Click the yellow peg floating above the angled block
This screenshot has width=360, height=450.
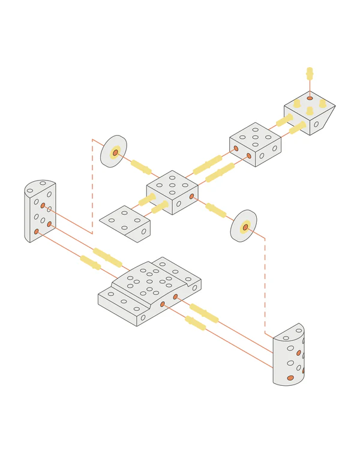[x=310, y=74]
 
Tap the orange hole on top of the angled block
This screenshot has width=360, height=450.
[x=310, y=98]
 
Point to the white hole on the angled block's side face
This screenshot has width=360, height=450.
[x=316, y=125]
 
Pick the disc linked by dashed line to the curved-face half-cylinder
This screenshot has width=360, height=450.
[x=244, y=226]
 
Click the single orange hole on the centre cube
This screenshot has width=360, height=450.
[x=191, y=196]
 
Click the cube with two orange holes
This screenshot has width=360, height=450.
[x=255, y=145]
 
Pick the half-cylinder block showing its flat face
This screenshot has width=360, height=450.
[x=40, y=210]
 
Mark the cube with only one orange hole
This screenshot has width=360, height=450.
[x=172, y=192]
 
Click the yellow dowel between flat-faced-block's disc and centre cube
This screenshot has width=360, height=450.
[x=141, y=166]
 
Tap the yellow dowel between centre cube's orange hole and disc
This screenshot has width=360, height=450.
[x=216, y=211]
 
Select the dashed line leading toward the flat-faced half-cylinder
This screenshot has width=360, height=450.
[x=92, y=186]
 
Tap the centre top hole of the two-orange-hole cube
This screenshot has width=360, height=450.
[x=255, y=136]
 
